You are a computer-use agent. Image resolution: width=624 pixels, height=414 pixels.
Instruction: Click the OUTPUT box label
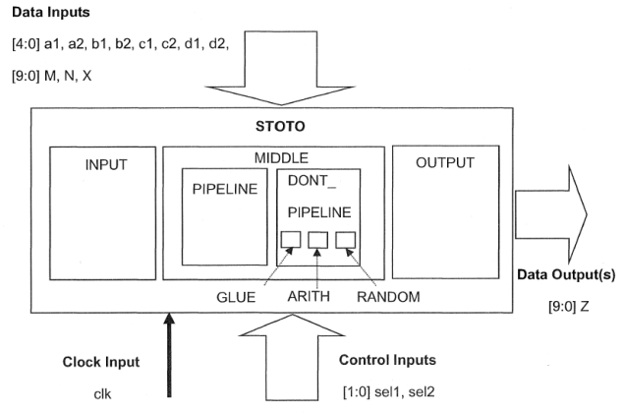tap(445, 162)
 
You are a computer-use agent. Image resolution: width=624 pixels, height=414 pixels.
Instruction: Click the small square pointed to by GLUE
tap(292, 239)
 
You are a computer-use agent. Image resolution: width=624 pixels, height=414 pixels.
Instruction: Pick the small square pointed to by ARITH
tap(317, 239)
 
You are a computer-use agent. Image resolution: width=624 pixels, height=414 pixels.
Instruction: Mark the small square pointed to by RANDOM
tap(344, 239)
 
